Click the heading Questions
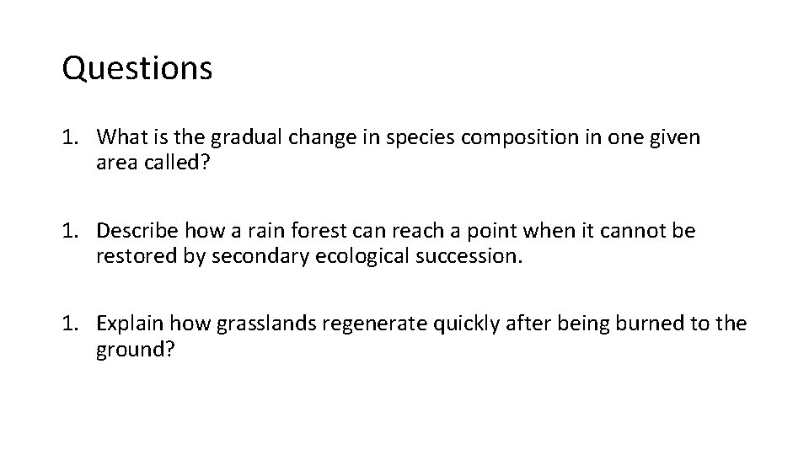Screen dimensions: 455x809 (137, 69)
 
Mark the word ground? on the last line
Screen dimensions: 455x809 (135, 350)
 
